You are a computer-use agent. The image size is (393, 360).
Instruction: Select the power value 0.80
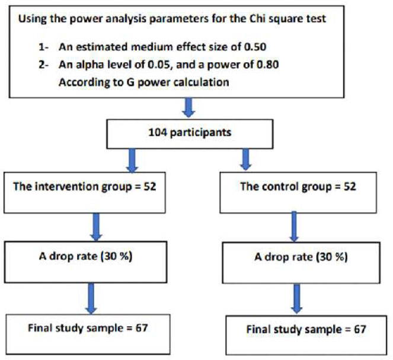tap(268, 65)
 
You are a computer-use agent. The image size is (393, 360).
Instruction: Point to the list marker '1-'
tap(43, 47)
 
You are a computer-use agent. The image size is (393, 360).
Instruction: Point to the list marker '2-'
tap(43, 65)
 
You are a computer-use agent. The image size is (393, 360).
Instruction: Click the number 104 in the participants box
tap(158, 132)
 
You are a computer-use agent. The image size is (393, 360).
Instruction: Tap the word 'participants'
tap(200, 133)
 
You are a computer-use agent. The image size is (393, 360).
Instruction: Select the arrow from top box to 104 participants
tap(188, 107)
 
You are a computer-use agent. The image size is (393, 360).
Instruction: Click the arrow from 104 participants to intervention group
tap(132, 161)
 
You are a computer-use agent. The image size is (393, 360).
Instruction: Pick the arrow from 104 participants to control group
tap(245, 160)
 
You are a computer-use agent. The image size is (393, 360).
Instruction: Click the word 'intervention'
tap(67, 186)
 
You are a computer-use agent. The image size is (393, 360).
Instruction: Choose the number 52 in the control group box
tap(350, 187)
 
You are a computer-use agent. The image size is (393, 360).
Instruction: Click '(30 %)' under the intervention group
tap(116, 256)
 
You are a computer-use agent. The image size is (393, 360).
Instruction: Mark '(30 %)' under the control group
tap(332, 257)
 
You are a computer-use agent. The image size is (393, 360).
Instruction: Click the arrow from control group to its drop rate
tap(294, 227)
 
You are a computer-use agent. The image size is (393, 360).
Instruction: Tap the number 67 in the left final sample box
tap(142, 328)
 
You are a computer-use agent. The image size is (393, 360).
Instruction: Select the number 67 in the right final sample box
tap(360, 329)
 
